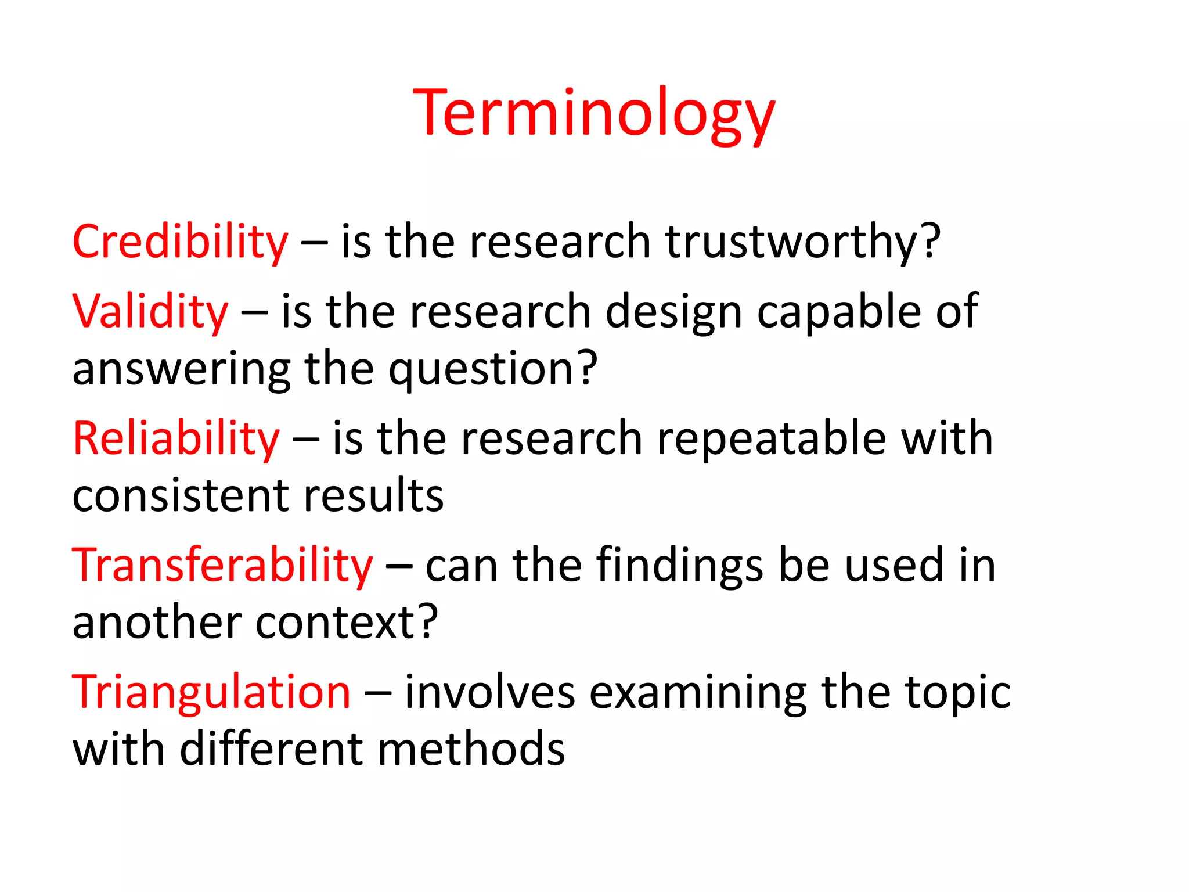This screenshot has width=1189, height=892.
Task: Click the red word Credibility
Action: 180,242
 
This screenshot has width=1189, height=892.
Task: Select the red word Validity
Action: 150,312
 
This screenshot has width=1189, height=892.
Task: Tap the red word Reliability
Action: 176,438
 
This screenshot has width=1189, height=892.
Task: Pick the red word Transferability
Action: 222,565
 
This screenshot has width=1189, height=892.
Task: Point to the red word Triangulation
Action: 211,692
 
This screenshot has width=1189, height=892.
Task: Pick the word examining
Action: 698,693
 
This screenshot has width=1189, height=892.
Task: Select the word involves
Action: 489,692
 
